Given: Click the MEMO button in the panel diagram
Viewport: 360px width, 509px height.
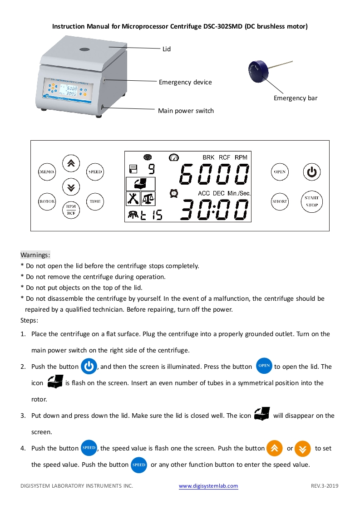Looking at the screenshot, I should pos(47,172).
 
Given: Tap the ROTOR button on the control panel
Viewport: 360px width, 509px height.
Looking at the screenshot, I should pos(47,201).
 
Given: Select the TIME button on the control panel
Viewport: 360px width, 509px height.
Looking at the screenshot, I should pos(95,201).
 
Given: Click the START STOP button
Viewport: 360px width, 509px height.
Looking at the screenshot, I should pos(311,201).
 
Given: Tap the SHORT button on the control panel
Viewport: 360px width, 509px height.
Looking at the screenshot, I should pos(280,201).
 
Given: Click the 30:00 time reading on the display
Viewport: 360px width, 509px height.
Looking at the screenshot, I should pos(214,210).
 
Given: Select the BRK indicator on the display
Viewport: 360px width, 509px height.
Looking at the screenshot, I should pos(208,157).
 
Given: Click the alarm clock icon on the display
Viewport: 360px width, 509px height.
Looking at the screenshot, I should pos(173,194).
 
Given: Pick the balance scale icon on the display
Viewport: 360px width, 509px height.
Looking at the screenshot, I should pos(148,198).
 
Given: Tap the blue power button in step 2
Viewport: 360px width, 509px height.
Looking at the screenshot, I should pos(89,367).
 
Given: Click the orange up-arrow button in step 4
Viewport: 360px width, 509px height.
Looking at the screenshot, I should pos(274,448).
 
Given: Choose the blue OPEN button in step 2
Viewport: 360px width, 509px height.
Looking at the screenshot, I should pos(264,366).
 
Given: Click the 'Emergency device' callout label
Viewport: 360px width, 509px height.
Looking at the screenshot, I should pos(185,82).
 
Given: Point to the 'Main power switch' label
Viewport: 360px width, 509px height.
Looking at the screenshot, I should pos(186,111).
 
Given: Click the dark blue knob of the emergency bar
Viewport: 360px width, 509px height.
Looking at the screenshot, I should pos(256,70).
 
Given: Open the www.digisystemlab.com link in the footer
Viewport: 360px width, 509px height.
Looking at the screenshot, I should pos(208,486).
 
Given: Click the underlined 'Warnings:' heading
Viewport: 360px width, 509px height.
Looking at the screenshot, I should pos(35,255).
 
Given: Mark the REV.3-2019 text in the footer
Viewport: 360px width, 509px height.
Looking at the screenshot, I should pos(325,486).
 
